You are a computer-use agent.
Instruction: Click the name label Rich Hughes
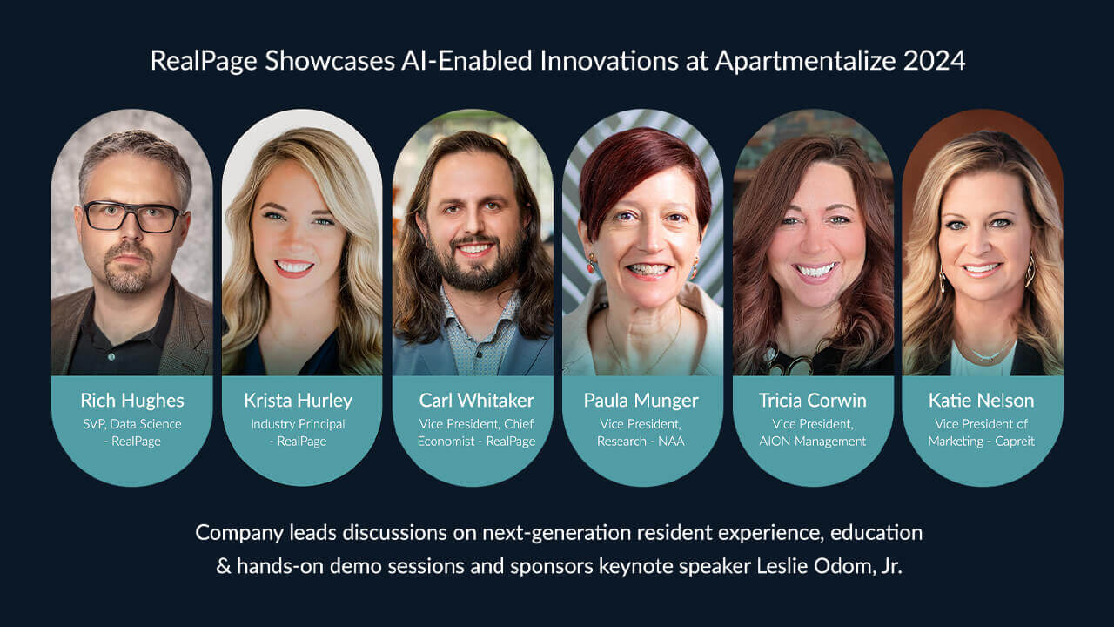click(x=132, y=401)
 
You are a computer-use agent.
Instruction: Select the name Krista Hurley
click(x=299, y=401)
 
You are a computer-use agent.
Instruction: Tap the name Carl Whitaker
click(x=476, y=401)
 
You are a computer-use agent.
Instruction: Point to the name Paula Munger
click(x=641, y=401)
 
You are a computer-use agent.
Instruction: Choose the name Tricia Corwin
click(x=811, y=401)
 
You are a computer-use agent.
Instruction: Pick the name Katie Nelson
click(x=981, y=401)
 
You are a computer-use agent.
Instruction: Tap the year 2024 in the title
click(x=936, y=61)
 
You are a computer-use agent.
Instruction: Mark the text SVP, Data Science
click(x=132, y=424)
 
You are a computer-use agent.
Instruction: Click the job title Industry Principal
click(x=298, y=424)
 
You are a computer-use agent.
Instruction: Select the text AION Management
click(x=811, y=442)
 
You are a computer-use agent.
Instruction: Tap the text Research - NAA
click(x=641, y=442)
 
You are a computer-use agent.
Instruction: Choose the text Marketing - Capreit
click(x=981, y=442)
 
